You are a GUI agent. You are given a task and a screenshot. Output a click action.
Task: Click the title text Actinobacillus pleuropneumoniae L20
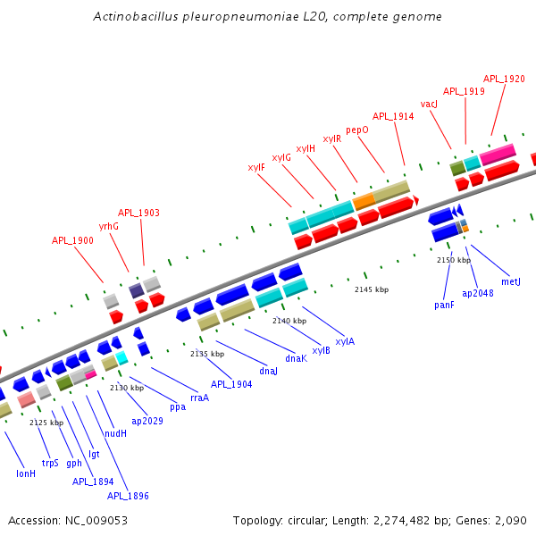click(x=267, y=17)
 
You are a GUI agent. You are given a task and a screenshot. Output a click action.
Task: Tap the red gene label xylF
click(x=256, y=167)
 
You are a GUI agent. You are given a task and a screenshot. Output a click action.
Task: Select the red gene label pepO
click(x=357, y=130)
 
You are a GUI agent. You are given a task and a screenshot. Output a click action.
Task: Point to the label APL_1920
click(x=504, y=79)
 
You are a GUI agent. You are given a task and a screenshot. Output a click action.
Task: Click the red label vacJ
click(x=429, y=105)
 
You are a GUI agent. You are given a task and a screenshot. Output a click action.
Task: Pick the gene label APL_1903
click(x=138, y=213)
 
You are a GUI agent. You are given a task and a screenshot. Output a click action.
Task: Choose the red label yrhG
click(x=109, y=226)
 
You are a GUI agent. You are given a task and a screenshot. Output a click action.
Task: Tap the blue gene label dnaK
click(x=297, y=358)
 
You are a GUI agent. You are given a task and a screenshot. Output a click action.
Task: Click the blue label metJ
click(x=511, y=281)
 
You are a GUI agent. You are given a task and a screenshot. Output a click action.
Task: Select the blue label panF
click(x=444, y=305)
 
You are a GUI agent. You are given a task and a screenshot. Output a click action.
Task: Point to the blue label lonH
click(x=26, y=473)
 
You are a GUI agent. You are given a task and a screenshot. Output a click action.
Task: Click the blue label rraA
click(x=200, y=398)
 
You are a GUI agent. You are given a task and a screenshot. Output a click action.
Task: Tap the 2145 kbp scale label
click(x=372, y=289)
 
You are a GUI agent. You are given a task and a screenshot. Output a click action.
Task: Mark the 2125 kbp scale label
click(x=46, y=423)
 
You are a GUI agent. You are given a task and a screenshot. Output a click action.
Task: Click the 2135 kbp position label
click(x=207, y=354)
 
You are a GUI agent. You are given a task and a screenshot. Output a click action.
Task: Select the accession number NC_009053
click(x=67, y=520)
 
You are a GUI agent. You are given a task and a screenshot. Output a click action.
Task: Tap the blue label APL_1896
click(x=128, y=496)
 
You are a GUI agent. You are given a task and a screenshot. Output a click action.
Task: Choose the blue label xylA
click(x=345, y=341)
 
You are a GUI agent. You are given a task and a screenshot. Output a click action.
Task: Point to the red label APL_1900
click(x=72, y=240)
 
